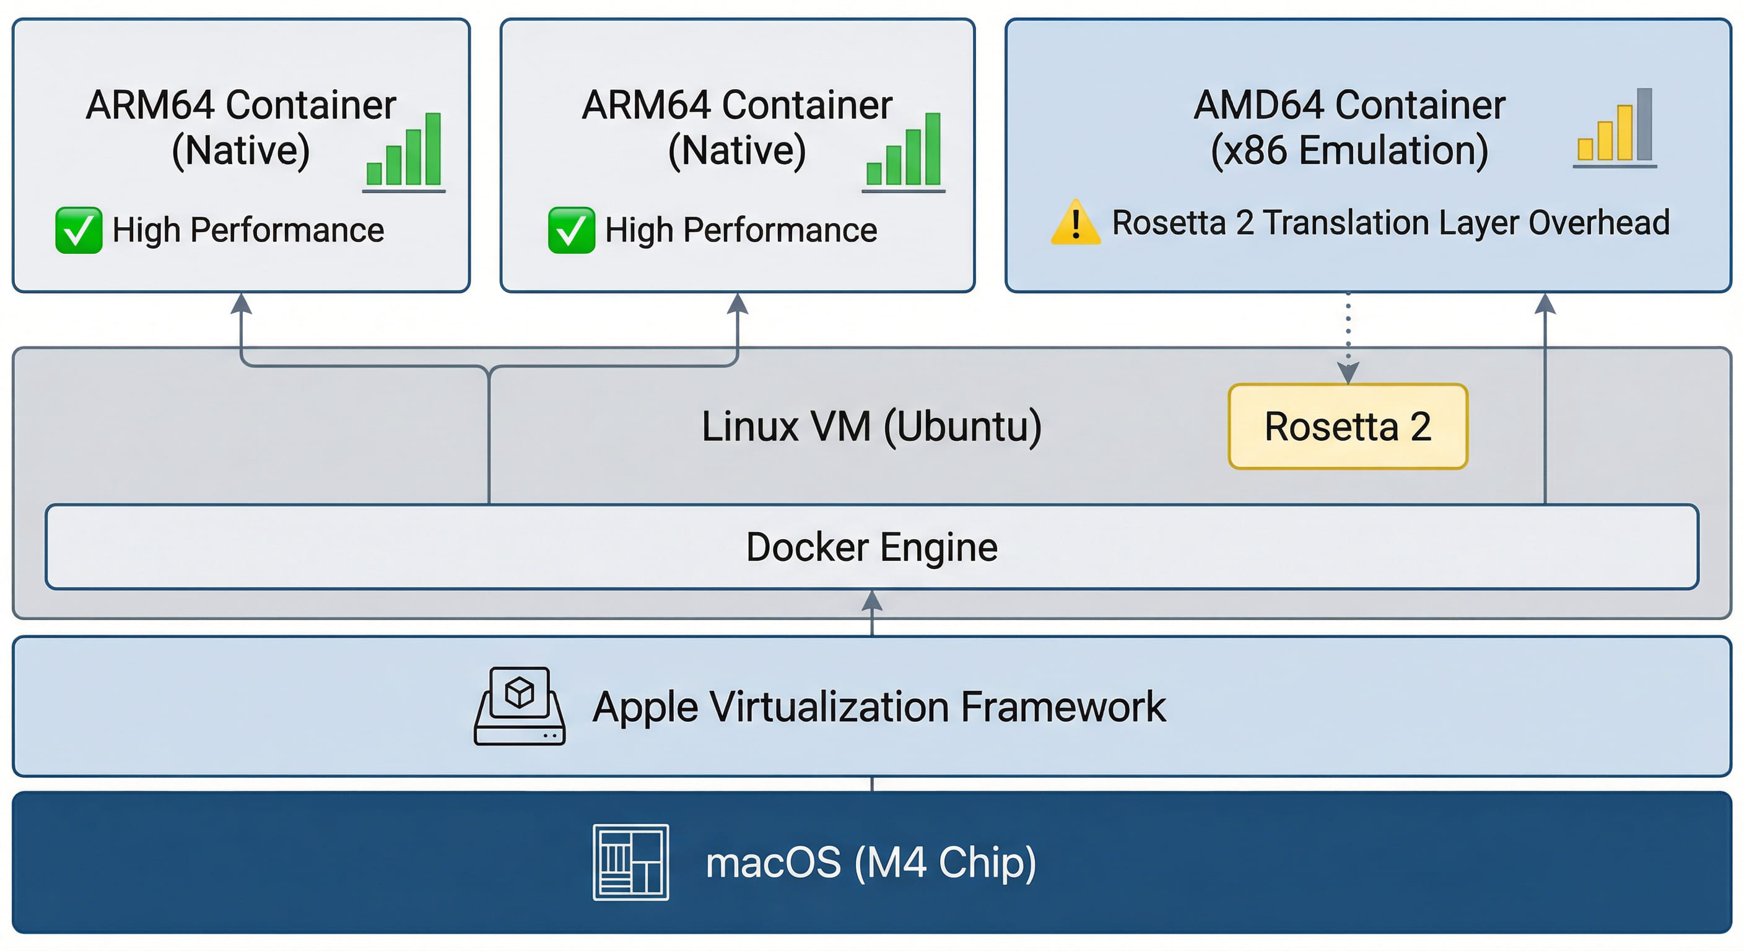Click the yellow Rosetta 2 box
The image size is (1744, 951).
click(x=1347, y=427)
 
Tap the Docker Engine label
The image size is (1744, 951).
click(x=871, y=547)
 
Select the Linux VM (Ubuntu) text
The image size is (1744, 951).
click(x=871, y=427)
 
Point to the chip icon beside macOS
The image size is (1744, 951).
click(x=630, y=862)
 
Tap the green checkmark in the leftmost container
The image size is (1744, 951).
click(x=79, y=230)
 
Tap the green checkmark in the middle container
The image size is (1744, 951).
click(x=572, y=230)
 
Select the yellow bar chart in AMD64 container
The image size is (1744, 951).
click(x=1615, y=129)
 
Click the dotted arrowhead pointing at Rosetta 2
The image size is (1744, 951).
click(x=1348, y=373)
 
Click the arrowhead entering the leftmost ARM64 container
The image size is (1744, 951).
click(x=241, y=304)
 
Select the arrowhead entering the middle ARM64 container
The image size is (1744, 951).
click(x=737, y=304)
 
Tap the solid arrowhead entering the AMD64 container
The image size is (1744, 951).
click(x=1545, y=304)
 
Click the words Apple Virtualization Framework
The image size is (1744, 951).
click(x=879, y=707)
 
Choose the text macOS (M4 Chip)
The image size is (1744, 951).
click(x=871, y=862)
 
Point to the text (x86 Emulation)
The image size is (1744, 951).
click(x=1349, y=150)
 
